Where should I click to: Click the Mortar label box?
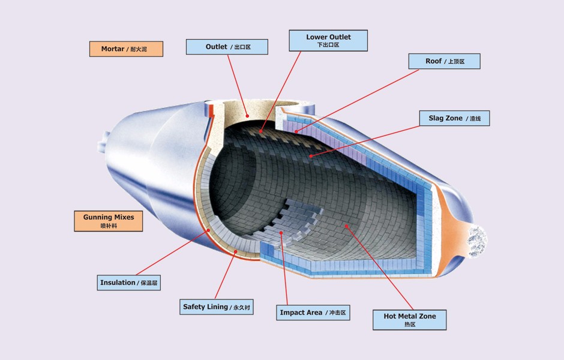pyautogui.click(x=126, y=49)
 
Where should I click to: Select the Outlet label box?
pyautogui.click(x=227, y=47)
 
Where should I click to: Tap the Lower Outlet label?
pyautogui.click(x=328, y=41)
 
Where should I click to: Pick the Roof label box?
pyautogui.click(x=444, y=61)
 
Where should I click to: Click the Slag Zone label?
pyautogui.click(x=454, y=118)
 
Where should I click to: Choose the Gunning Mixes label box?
pyautogui.click(x=109, y=221)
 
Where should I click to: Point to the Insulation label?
pyautogui.click(x=128, y=283)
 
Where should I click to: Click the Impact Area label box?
pyautogui.click(x=314, y=313)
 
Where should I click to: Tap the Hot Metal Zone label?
pyautogui.click(x=410, y=320)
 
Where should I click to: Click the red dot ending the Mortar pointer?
pyautogui.click(x=247, y=115)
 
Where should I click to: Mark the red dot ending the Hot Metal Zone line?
pyautogui.click(x=346, y=226)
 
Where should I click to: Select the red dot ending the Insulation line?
pyautogui.click(x=208, y=230)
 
